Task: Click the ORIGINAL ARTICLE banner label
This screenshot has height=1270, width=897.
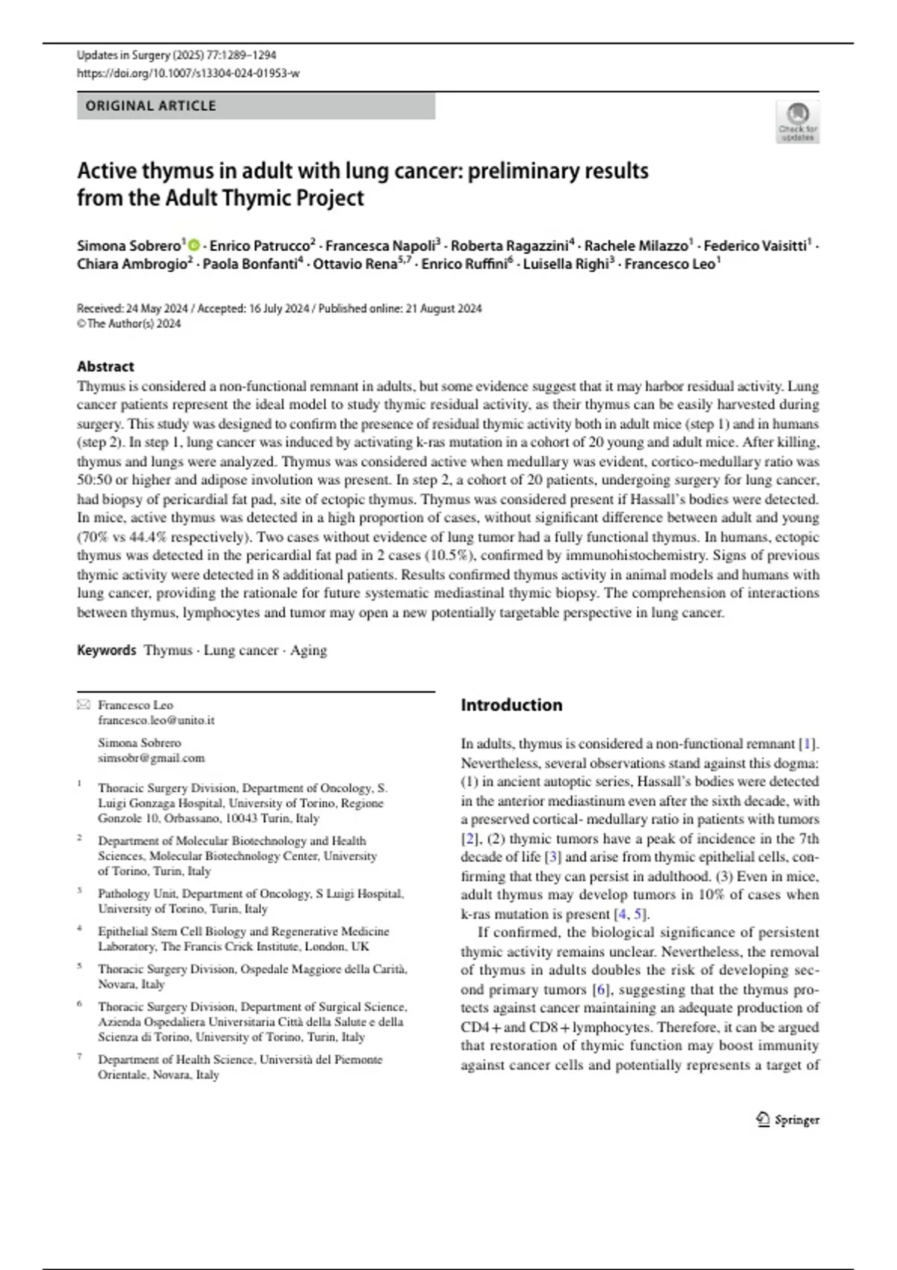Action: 150,106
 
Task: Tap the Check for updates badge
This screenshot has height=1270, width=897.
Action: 798,123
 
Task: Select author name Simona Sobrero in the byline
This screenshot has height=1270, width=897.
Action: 129,246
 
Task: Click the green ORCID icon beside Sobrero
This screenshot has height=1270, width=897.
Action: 194,246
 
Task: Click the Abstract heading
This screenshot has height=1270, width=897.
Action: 105,366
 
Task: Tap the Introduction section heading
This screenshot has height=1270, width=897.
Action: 511,704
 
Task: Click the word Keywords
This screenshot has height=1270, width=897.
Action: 106,650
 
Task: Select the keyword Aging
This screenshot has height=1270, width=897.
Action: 309,650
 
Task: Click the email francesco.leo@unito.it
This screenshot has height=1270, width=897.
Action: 155,720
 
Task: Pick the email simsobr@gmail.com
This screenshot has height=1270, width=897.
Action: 151,758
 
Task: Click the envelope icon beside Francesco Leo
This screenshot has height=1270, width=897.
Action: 84,704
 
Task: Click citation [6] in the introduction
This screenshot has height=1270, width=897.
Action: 601,989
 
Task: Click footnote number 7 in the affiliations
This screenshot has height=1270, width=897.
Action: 79,1058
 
